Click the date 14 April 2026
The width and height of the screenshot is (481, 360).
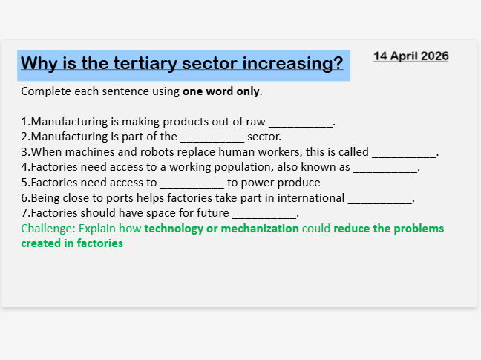pyautogui.click(x=410, y=56)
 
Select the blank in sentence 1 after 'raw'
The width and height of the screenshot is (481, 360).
pyautogui.click(x=301, y=122)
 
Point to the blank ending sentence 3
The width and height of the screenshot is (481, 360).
pyautogui.click(x=404, y=152)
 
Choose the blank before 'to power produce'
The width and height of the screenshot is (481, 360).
pyautogui.click(x=192, y=183)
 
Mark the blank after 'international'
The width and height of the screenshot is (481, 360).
pyautogui.click(x=380, y=198)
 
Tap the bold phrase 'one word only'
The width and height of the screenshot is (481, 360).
pyautogui.click(x=221, y=91)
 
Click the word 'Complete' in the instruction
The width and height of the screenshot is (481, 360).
pyautogui.click(x=44, y=91)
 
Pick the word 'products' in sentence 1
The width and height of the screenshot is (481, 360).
pyautogui.click(x=170, y=122)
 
